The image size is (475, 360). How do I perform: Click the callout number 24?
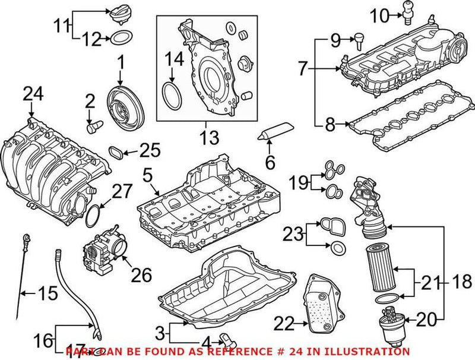34,93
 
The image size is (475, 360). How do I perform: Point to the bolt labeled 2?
94,125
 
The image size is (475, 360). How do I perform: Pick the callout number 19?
299,182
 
